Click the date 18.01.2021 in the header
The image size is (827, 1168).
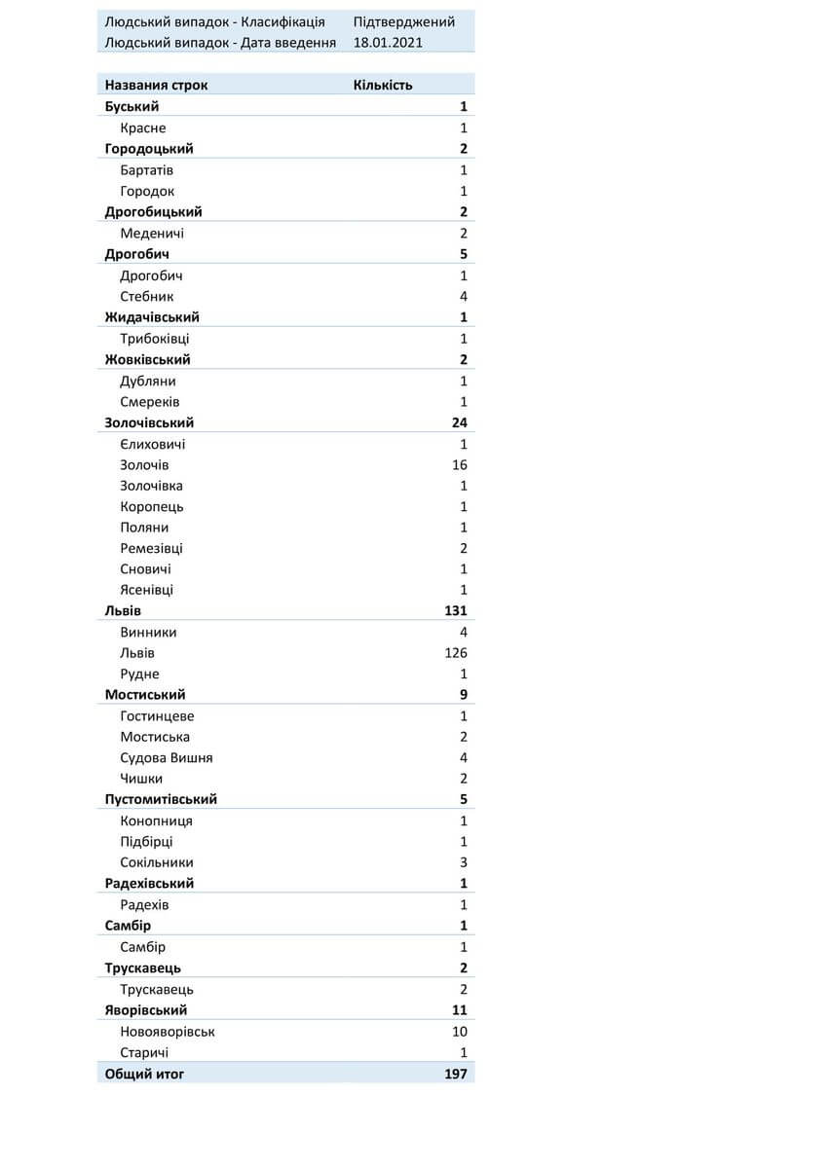[388, 43]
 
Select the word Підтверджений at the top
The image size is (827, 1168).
[403, 22]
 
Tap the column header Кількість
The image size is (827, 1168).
[382, 85]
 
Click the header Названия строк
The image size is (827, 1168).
[156, 85]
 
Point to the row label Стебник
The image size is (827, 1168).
[147, 297]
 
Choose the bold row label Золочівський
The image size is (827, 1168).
[149, 422]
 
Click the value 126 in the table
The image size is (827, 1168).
[455, 653]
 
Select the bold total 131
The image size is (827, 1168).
[455, 611]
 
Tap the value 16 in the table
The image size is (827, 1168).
[460, 465]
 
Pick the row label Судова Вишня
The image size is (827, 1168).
[167, 758]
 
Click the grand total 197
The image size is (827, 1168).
[455, 1074]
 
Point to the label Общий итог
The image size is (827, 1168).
[144, 1074]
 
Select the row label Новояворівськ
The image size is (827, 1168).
[168, 1032]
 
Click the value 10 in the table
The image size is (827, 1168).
[460, 1032]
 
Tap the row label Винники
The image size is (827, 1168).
[148, 633]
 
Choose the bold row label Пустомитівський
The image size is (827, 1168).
[161, 799]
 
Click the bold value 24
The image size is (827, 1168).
[460, 422]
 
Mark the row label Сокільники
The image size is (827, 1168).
[157, 862]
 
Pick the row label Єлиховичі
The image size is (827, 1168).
[153, 445]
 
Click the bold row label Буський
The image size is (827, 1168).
[132, 106]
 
